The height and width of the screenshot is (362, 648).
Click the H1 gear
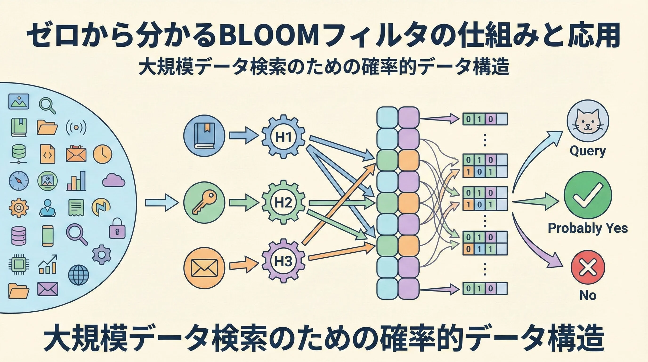click(x=283, y=137)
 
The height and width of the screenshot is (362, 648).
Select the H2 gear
click(x=283, y=202)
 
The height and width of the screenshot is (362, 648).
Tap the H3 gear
click(x=283, y=261)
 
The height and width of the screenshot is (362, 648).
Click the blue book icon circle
click(x=204, y=136)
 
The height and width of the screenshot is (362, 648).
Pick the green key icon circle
click(x=204, y=202)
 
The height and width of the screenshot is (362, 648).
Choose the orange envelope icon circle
click(x=204, y=268)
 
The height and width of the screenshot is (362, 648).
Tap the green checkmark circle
click(x=588, y=195)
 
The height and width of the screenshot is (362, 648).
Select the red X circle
click(x=588, y=267)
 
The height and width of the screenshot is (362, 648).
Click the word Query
click(x=588, y=151)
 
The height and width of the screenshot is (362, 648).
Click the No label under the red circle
click(x=588, y=295)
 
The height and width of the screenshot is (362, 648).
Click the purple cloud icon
click(x=114, y=180)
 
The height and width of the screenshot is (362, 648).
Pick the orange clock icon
click(x=102, y=154)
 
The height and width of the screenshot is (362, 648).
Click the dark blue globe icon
click(x=78, y=275)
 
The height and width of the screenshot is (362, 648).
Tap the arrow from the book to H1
click(x=243, y=136)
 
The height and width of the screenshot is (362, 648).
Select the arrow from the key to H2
click(x=243, y=202)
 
